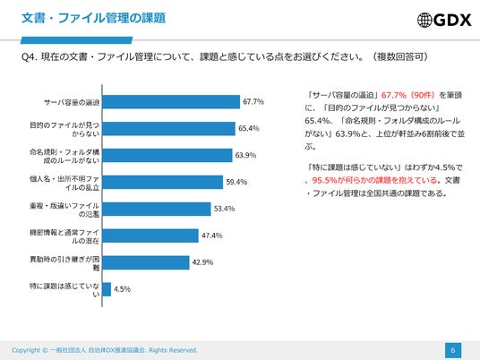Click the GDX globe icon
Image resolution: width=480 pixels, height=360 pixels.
[x=424, y=20]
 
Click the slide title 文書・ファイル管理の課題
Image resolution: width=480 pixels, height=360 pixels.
[x=94, y=18]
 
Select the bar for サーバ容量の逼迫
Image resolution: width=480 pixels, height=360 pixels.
[x=171, y=102]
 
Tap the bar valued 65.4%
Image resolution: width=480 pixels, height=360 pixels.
[x=169, y=129]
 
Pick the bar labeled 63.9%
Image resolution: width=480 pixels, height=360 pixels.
[x=167, y=156]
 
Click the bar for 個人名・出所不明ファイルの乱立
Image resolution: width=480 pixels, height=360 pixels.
[x=163, y=182]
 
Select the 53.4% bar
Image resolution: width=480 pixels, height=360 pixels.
[x=157, y=209]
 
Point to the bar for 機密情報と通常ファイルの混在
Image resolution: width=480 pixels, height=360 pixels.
[x=150, y=236]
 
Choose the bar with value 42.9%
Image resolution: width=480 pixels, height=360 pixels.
[x=146, y=262]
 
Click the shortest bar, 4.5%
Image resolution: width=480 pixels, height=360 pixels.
[x=107, y=289]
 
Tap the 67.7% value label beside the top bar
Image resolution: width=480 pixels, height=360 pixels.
[x=253, y=101]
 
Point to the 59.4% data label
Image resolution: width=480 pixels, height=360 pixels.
[x=236, y=182]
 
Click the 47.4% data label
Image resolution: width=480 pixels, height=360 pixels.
[x=212, y=236]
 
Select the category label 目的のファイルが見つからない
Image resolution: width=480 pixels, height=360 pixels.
[x=64, y=129]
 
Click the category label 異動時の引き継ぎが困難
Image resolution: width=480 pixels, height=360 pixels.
[x=64, y=263]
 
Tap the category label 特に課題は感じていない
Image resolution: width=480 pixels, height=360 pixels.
[x=64, y=290]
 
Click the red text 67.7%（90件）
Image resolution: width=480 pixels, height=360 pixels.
[x=408, y=95]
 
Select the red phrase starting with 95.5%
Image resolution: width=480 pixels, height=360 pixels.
[x=374, y=180]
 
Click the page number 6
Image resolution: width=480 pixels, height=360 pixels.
[x=453, y=350]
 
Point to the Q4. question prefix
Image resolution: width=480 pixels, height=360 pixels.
[x=30, y=57]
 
